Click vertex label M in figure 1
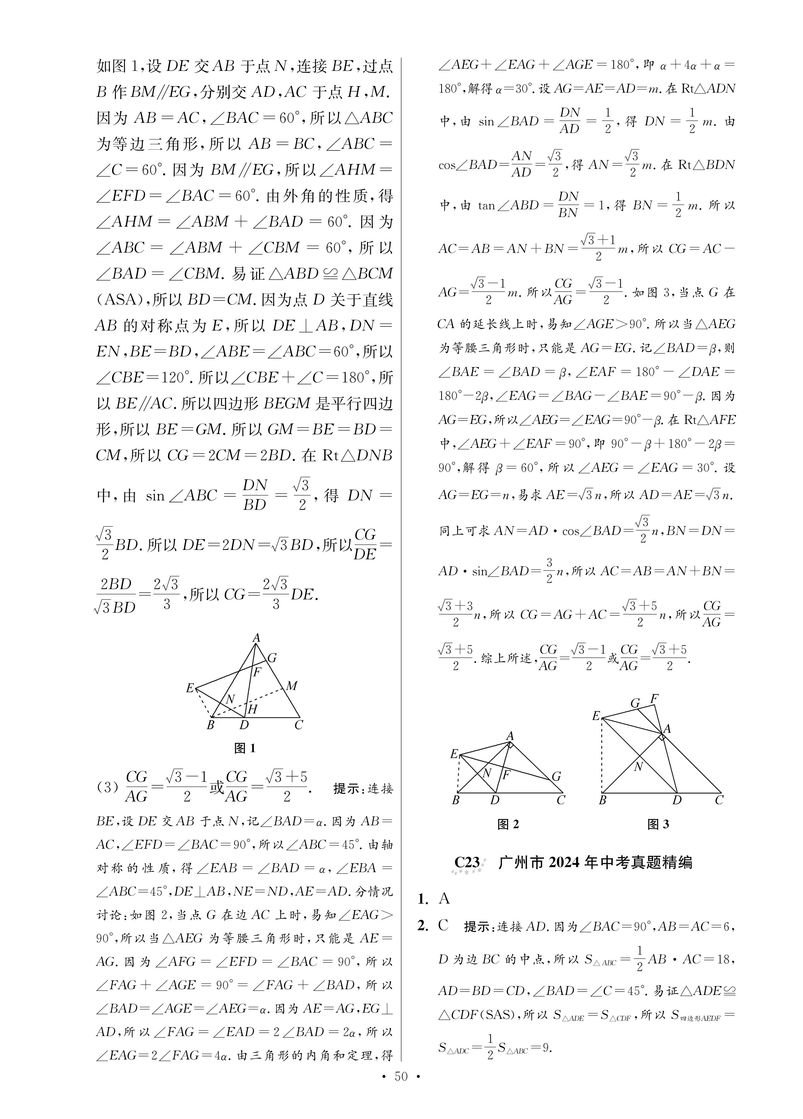click(292, 686)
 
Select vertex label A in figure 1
click(256, 638)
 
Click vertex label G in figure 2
click(556, 776)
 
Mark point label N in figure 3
click(638, 767)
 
